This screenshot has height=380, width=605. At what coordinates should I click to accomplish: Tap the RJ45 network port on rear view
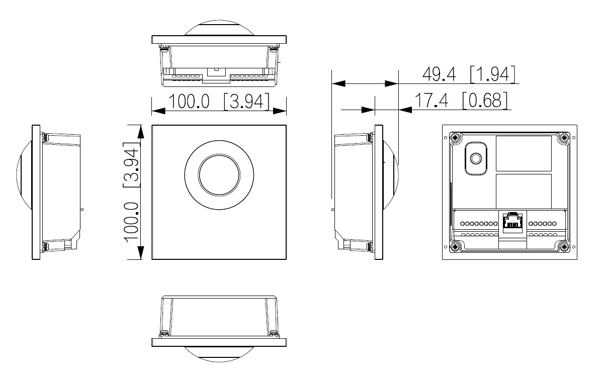point(512,221)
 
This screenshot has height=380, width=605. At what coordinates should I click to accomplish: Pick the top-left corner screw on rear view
point(456,137)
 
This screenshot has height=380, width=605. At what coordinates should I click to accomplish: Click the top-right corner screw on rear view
point(564,137)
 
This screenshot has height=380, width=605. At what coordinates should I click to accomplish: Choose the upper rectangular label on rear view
point(524,153)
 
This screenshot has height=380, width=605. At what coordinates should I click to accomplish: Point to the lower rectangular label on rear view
point(524,191)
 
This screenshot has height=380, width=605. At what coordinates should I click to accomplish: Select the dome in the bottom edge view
point(219,353)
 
